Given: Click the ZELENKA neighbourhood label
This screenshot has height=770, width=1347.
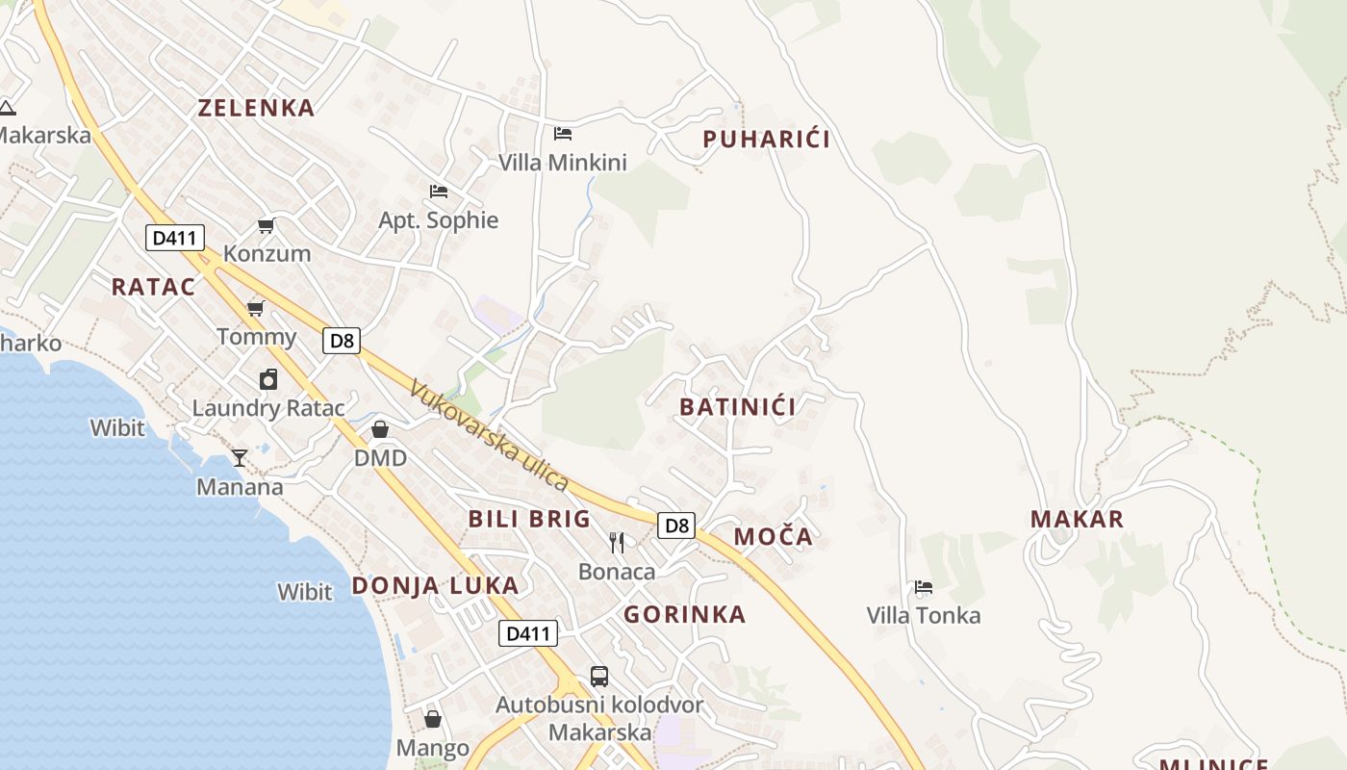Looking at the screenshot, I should [x=256, y=108].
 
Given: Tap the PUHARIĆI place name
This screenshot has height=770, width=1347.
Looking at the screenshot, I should [x=766, y=140].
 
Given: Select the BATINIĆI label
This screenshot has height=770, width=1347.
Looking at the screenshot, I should [x=737, y=407].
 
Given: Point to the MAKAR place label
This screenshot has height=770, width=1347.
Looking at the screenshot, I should [x=1077, y=520].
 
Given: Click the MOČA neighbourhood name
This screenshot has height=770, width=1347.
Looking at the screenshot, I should [x=773, y=537].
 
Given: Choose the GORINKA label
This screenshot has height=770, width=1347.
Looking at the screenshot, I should [x=684, y=615].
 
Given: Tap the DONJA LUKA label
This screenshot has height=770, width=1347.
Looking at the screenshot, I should [x=435, y=585].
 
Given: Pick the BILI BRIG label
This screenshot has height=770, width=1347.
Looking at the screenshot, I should [x=529, y=520].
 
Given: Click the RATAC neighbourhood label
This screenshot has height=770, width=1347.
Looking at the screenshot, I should [x=153, y=287].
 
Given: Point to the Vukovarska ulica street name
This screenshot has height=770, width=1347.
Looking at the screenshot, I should [x=489, y=436].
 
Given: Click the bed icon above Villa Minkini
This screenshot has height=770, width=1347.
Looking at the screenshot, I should [x=563, y=133].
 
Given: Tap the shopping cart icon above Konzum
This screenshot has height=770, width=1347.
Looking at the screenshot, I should [x=267, y=225].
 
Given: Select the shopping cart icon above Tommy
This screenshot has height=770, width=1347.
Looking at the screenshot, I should [x=256, y=308].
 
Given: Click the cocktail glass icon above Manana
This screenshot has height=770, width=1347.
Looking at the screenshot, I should [x=240, y=458].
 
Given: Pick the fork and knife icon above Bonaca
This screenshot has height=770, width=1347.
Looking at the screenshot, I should [x=617, y=543].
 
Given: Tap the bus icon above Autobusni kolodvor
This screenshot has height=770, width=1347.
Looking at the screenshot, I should [x=598, y=676].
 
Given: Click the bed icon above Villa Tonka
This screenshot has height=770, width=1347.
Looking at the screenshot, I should [x=924, y=586].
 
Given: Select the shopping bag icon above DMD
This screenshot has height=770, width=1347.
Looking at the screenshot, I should [x=380, y=429].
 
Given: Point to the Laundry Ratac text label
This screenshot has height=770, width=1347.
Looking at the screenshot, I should [x=268, y=408].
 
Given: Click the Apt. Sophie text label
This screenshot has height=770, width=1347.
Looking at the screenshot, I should [x=439, y=220].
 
